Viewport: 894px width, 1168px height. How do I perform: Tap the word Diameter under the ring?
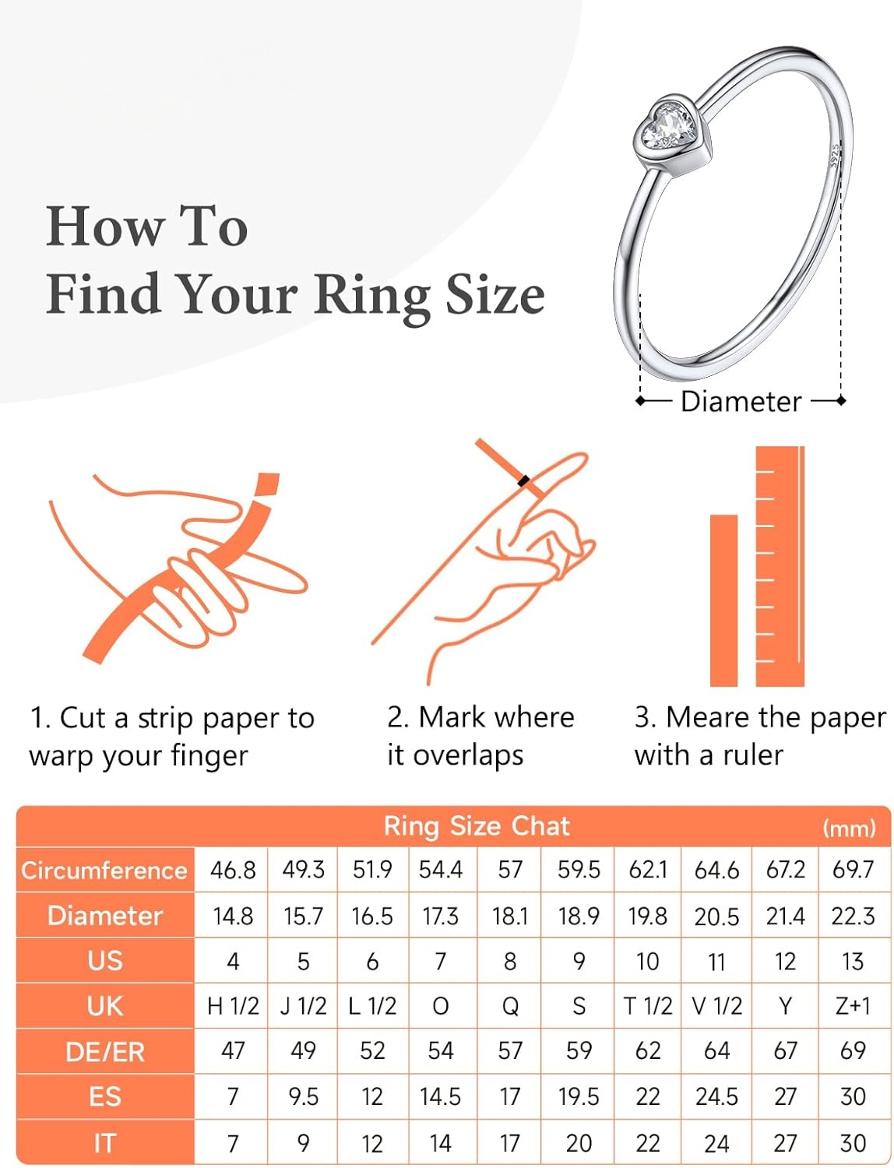(x=741, y=402)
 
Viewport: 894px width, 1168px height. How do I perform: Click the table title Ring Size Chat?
(x=477, y=826)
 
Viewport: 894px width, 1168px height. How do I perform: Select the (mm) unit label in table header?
(x=849, y=828)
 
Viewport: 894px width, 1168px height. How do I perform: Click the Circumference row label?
(x=104, y=870)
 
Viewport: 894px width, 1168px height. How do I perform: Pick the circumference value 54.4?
(x=440, y=870)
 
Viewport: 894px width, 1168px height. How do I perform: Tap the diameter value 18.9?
(x=579, y=916)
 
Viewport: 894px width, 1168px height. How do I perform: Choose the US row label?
(x=105, y=961)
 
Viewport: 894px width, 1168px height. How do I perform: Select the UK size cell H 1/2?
(x=233, y=1006)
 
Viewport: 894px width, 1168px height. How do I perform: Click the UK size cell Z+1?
(x=853, y=1006)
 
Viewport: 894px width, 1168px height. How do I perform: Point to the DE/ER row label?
(x=105, y=1052)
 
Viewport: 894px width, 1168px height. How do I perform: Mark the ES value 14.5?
(x=440, y=1097)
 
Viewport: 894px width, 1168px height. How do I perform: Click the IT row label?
(x=104, y=1143)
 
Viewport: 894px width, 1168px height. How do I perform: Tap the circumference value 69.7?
(x=853, y=870)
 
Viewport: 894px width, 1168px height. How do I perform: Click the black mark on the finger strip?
(x=524, y=481)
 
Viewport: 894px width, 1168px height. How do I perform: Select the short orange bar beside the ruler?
(x=723, y=600)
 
